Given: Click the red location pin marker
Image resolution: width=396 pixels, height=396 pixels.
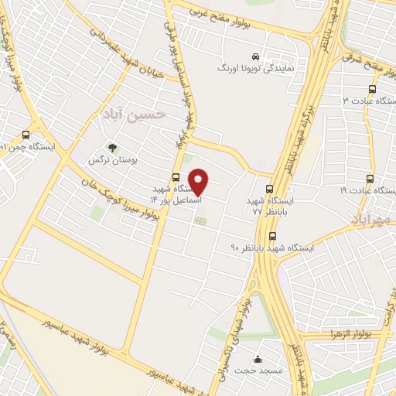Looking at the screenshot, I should tap(199, 182).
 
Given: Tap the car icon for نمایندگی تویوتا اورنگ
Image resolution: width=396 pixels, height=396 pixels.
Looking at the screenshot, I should tap(256, 56).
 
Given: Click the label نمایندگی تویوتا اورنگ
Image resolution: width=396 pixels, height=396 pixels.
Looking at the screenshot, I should tap(256, 69).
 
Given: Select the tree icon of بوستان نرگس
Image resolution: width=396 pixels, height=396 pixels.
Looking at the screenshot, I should tap(113, 146).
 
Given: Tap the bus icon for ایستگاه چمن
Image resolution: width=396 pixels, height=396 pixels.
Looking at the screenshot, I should tap(26, 133).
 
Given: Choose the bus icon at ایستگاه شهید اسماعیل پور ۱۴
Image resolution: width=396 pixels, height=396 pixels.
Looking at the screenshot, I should tap(176, 177).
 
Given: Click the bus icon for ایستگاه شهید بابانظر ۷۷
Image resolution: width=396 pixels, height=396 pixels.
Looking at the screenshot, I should tap(269, 188).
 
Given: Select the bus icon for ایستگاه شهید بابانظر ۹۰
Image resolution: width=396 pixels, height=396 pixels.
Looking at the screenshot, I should tap(271, 236).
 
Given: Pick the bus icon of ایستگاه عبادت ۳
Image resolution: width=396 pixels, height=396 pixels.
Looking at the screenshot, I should tap(370, 87).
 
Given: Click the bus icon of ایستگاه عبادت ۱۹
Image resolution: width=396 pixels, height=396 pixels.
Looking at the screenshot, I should tap(370, 178).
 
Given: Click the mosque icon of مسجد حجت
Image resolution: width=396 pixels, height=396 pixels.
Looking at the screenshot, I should tap(258, 360).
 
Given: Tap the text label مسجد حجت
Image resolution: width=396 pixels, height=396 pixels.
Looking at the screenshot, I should tap(255, 372).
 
